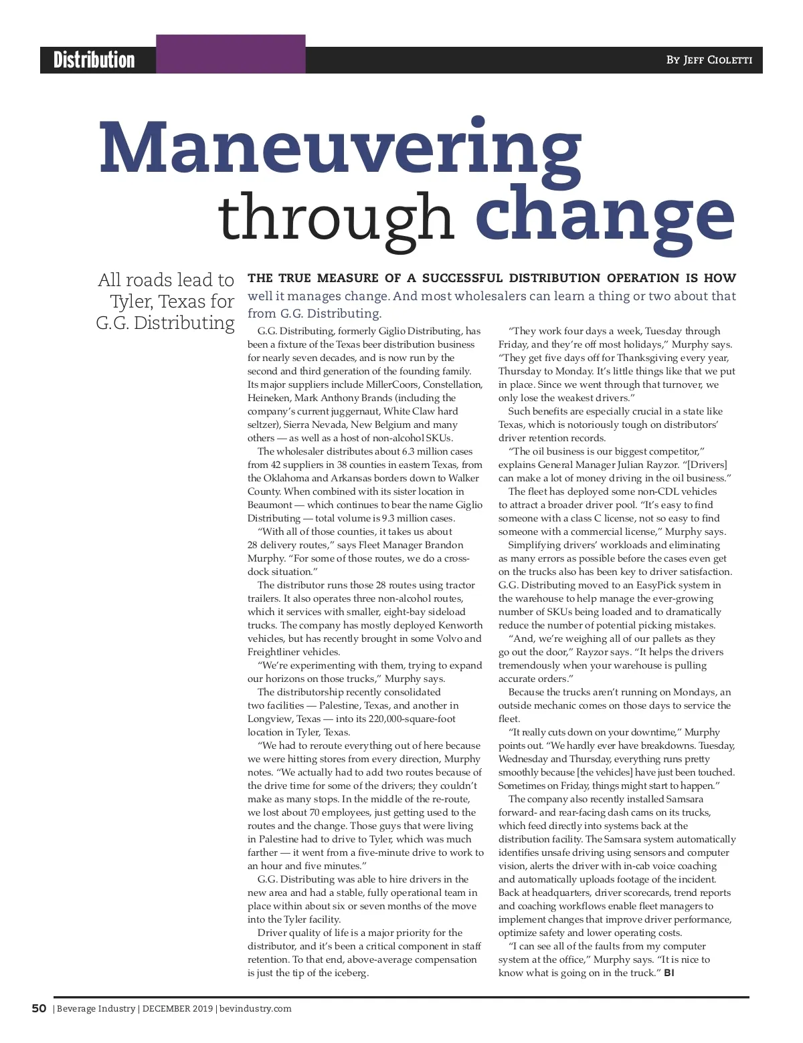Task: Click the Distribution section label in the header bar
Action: [x=94, y=60]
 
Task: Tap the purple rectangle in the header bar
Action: [x=231, y=54]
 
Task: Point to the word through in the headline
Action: [x=336, y=217]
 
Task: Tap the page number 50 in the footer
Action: [x=39, y=1008]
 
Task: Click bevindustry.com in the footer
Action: [x=256, y=1008]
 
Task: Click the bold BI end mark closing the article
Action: [x=669, y=973]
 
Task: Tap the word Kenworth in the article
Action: [x=460, y=625]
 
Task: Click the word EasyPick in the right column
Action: [x=656, y=585]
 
